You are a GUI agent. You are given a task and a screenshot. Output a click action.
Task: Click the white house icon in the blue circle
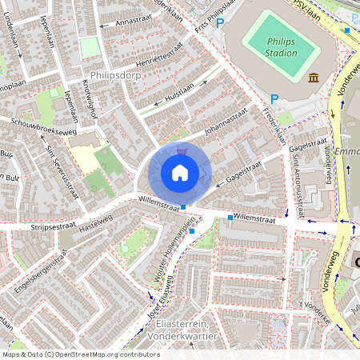coord(180,173)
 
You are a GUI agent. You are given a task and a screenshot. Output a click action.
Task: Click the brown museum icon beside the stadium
coord(312,78)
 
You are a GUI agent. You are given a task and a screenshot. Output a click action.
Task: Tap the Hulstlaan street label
coord(180,93)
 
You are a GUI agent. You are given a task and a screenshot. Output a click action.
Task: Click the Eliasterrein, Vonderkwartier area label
coord(191,331)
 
